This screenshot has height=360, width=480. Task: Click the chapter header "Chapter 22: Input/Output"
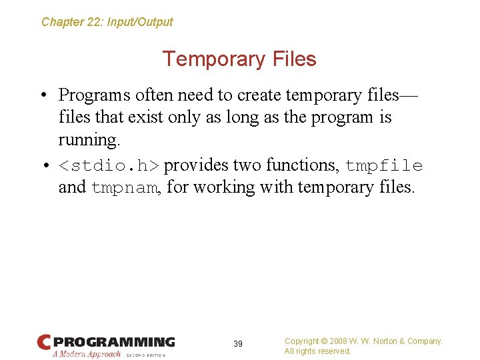tap(107, 22)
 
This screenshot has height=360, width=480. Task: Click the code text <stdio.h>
tap(109, 165)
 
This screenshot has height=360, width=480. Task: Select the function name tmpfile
tap(384, 165)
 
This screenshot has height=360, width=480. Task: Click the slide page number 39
tap(238, 344)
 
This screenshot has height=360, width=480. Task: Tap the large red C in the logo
tap(44, 343)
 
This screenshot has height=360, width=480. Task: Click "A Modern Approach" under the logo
tap(87, 354)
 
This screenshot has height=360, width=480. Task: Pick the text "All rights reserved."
tap(317, 351)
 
